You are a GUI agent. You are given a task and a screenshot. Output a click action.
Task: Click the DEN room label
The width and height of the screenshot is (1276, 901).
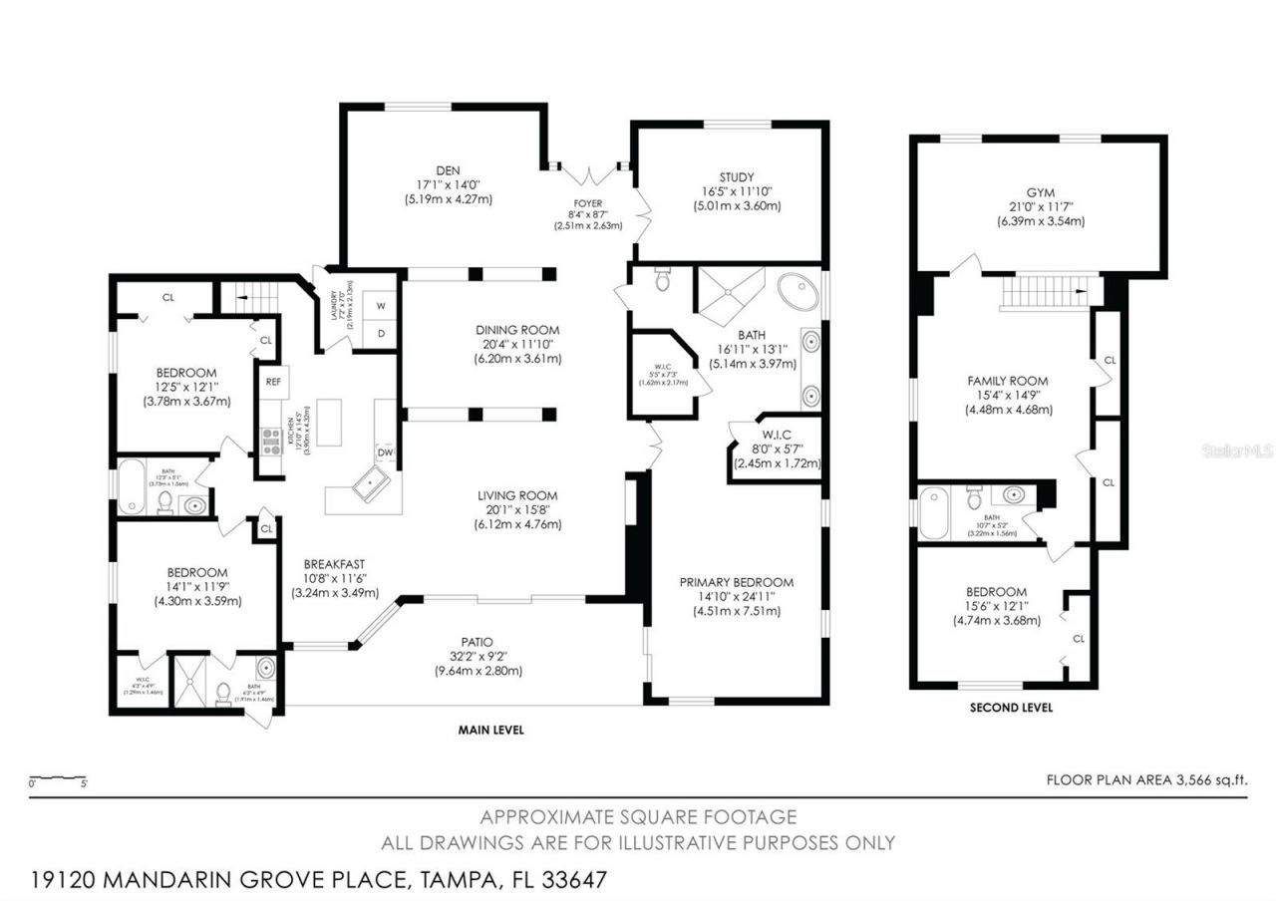[x=441, y=170]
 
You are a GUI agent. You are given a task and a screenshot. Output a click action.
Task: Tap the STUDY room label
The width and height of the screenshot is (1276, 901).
[x=737, y=177]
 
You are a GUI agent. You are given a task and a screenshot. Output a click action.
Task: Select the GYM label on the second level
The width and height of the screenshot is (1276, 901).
[x=1040, y=192]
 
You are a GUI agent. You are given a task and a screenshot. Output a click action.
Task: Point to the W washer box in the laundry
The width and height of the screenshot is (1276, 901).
[x=380, y=304]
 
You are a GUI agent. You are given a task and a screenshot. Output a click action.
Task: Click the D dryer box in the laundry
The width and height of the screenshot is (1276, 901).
[x=380, y=333]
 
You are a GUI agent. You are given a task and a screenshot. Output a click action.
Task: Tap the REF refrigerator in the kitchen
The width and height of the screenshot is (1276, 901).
[x=271, y=381]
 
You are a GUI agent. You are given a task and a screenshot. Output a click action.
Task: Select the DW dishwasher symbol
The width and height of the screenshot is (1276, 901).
[x=385, y=452]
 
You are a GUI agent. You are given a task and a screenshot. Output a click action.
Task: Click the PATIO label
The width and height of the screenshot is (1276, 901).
[x=478, y=641]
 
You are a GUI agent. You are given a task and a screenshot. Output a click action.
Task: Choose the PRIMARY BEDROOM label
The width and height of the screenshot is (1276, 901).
[x=737, y=582]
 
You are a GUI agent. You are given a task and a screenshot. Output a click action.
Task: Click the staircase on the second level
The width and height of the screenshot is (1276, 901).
[x=1042, y=292]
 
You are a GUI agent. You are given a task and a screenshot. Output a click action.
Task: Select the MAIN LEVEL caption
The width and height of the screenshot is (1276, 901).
[x=490, y=730]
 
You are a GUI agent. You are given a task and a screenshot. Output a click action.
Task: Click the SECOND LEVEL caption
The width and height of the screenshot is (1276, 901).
[x=1011, y=708]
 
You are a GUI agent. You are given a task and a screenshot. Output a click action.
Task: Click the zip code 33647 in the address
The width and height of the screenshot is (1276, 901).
[x=570, y=880]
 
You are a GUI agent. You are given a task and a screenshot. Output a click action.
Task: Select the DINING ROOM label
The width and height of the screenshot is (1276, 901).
[x=517, y=330]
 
